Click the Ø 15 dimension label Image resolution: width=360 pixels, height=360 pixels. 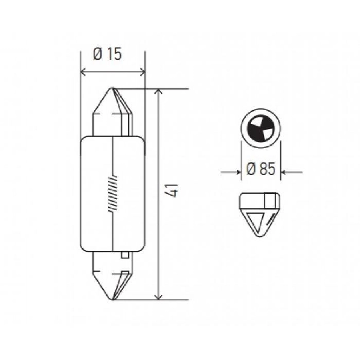(107, 54)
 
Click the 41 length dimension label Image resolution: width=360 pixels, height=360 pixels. (172, 190)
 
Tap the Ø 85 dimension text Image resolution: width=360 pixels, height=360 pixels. (261, 169)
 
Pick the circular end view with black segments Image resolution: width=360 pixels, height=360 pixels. (261, 128)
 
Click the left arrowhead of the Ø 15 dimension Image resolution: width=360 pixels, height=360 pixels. (83, 72)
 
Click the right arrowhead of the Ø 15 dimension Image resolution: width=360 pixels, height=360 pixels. (142, 72)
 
